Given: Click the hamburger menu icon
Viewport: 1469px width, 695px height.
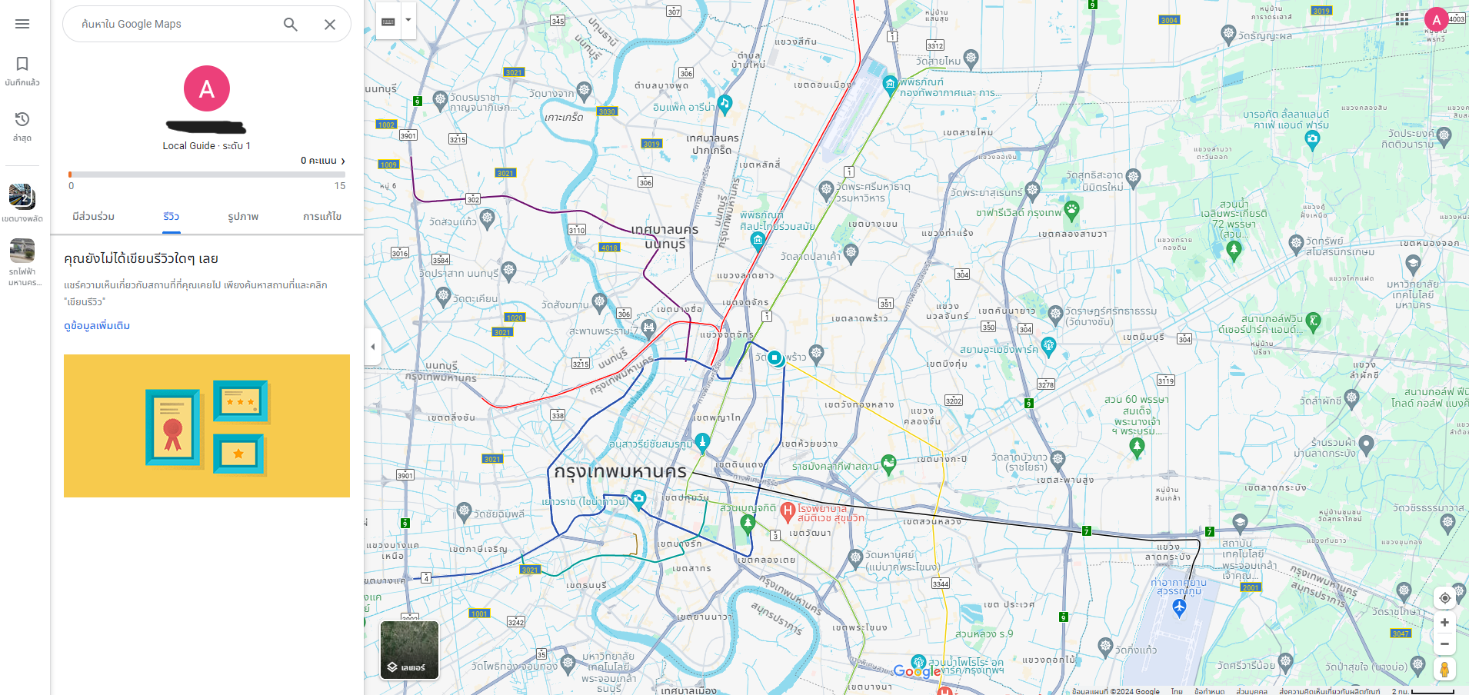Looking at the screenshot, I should [x=22, y=24].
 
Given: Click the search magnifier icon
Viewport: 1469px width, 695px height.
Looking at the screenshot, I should [x=290, y=25].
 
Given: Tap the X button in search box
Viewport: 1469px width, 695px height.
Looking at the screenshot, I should [x=330, y=25].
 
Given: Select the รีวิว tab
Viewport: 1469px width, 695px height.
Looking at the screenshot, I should [x=172, y=217].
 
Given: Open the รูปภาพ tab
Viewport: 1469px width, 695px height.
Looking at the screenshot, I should [x=243, y=217].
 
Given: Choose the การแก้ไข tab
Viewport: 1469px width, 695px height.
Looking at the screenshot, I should [x=322, y=217].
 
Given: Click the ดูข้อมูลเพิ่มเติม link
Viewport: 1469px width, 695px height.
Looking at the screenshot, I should [x=97, y=326].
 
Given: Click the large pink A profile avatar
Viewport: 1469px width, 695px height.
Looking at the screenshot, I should [x=206, y=88].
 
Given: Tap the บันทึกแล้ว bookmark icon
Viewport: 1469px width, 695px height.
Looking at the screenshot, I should [x=22, y=64].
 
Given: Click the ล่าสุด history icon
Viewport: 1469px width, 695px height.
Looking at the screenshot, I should [x=22, y=119].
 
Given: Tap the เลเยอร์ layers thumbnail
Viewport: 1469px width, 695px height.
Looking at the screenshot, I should [x=409, y=650].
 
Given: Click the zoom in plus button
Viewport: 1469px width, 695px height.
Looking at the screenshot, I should [x=1444, y=623].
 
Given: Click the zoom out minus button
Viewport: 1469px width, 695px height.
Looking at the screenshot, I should [x=1444, y=644].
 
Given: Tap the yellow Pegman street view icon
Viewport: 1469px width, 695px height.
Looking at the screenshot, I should [x=1444, y=670].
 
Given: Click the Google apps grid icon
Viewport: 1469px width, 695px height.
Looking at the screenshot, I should [x=1402, y=19].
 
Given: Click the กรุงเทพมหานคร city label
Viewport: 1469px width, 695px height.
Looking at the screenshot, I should [x=620, y=471].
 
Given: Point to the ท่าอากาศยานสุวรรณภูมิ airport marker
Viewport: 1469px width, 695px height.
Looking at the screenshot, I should [x=1179, y=607].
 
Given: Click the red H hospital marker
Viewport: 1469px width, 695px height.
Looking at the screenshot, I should [x=788, y=510].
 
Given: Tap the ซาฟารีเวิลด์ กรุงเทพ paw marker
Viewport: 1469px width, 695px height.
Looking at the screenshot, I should [x=1071, y=209].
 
